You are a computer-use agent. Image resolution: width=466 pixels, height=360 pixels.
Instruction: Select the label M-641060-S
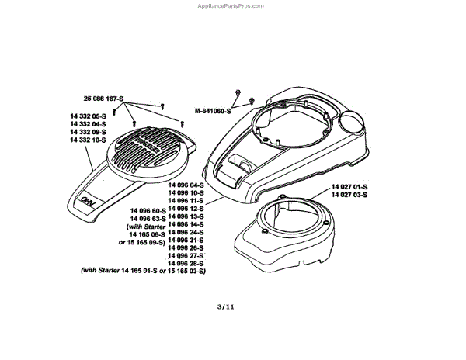215,110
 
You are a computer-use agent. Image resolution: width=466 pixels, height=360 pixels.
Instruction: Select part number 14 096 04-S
186,185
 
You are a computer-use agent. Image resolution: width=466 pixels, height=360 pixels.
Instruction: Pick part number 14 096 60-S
139,211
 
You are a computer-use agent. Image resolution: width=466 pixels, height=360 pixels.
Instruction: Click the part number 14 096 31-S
186,239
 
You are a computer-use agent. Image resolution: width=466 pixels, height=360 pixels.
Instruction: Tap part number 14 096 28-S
186,262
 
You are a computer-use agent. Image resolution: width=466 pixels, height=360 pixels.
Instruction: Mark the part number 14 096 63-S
139,219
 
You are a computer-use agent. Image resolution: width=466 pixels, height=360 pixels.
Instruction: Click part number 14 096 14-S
186,223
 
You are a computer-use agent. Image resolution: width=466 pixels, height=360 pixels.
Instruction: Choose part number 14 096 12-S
186,208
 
